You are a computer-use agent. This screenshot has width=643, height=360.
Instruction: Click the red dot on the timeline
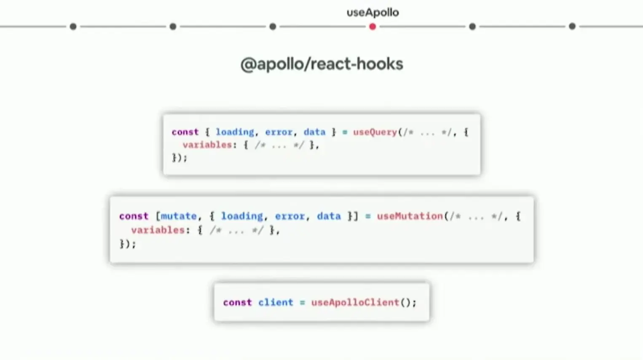click(372, 27)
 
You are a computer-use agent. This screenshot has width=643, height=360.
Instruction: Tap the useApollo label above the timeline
click(372, 13)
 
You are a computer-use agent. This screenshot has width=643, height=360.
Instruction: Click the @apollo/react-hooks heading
click(321, 64)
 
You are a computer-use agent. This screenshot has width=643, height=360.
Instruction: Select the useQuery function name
click(375, 132)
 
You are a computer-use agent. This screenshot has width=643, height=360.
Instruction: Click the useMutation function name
click(410, 216)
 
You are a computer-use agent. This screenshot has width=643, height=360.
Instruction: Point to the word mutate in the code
click(179, 216)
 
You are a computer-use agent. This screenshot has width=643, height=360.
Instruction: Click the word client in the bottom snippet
click(276, 302)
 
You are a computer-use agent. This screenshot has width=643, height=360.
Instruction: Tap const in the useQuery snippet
click(185, 132)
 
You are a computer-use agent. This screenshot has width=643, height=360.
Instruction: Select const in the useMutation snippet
click(134, 216)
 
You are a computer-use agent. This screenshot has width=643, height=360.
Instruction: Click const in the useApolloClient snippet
click(237, 302)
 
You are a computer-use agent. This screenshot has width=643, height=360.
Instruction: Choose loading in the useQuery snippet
click(235, 132)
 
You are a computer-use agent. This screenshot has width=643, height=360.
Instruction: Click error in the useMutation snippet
click(290, 216)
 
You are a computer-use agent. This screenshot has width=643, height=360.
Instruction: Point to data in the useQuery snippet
click(314, 132)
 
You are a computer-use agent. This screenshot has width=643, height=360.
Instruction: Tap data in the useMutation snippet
click(329, 216)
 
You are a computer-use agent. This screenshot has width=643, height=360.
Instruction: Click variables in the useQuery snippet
click(207, 145)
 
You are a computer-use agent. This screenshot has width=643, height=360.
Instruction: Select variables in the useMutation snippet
click(158, 230)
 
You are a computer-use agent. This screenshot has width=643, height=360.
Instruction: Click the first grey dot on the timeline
click(73, 27)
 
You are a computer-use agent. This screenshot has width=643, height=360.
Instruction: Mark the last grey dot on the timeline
click(572, 27)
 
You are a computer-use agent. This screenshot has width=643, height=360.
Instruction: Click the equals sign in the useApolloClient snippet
click(302, 302)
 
